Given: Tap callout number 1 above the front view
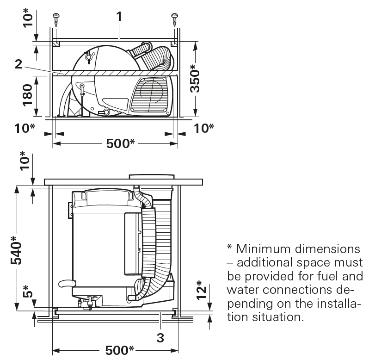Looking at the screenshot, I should pyautogui.click(x=119, y=16).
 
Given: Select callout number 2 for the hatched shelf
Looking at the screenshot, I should pyautogui.click(x=18, y=64).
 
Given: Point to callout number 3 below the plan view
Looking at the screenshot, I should pyautogui.click(x=160, y=338).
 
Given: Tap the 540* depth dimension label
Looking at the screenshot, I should pyautogui.click(x=17, y=252).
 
